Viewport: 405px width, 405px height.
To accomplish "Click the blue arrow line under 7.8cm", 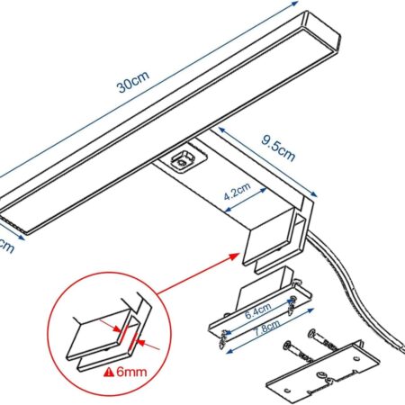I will pyautogui.click(x=270, y=337).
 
